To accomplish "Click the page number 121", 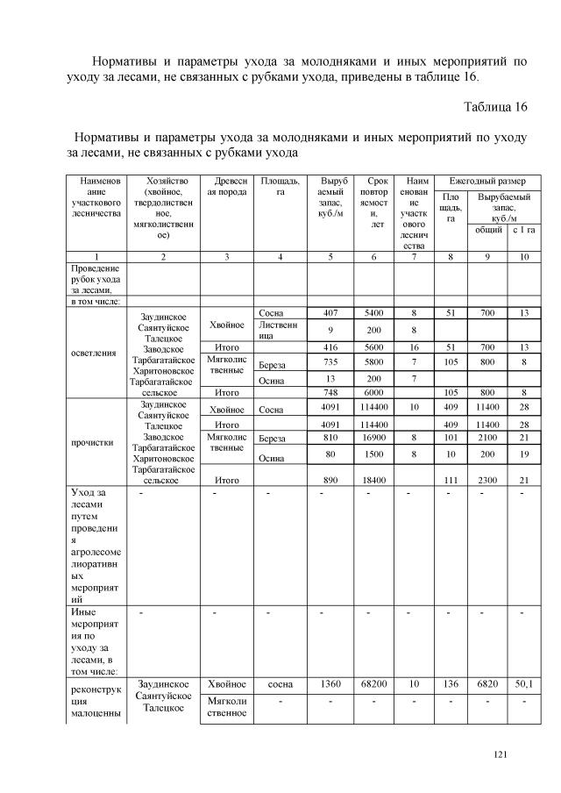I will pos(501,754).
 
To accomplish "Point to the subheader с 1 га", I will pos(523,230).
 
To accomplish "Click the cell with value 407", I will pos(330,312).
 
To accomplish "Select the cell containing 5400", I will pos(373,312).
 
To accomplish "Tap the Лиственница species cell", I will pos(279,330).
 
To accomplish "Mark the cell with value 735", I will pos(330,361).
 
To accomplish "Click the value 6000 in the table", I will pos(373,392).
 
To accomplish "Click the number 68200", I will pos(373,683).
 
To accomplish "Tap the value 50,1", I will pos(523,683).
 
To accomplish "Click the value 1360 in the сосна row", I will pos(330,683).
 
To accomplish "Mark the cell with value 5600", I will pos(373,346).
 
